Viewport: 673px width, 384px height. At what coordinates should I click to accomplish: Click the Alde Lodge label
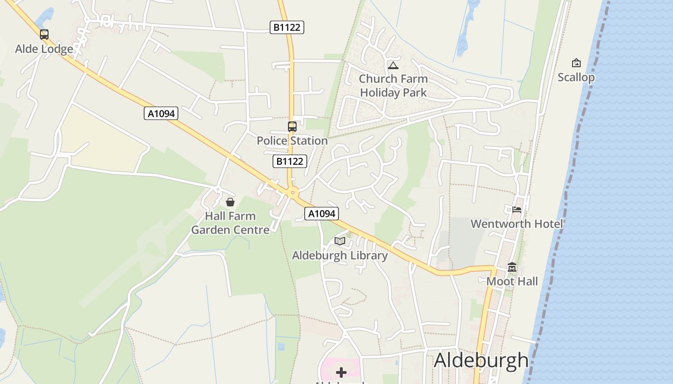(x=44, y=49)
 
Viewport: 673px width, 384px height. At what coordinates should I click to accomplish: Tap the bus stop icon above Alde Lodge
(x=44, y=35)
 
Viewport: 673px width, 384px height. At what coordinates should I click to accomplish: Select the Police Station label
(x=292, y=141)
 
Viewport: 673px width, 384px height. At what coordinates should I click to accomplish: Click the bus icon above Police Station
(x=292, y=127)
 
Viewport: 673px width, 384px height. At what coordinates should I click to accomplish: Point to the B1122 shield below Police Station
(x=289, y=161)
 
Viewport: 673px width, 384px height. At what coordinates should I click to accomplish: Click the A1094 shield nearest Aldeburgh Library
(x=322, y=214)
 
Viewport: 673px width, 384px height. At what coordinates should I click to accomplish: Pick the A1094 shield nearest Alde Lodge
(x=161, y=114)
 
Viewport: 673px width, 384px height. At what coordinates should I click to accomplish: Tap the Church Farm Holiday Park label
(x=393, y=85)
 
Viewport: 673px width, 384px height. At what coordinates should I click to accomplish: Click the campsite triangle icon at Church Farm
(x=393, y=65)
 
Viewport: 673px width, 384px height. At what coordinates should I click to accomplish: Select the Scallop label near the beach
(x=576, y=77)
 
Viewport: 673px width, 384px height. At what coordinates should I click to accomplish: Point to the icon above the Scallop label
(x=576, y=63)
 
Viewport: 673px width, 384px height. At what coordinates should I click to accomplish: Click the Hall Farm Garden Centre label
(x=230, y=223)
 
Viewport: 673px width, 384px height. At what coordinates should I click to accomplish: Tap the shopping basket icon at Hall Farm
(x=230, y=202)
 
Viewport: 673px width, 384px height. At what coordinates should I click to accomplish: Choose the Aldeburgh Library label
(x=340, y=255)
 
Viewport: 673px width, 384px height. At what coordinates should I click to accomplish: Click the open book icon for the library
(x=340, y=241)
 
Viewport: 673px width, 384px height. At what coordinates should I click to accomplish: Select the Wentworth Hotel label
(x=517, y=224)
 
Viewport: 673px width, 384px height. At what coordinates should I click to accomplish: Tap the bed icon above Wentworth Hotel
(x=517, y=209)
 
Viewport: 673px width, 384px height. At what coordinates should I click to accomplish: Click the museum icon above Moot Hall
(x=512, y=267)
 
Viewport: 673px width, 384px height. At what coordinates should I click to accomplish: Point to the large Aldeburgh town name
(x=481, y=360)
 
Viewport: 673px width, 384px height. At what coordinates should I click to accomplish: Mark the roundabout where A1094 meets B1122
(x=292, y=193)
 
